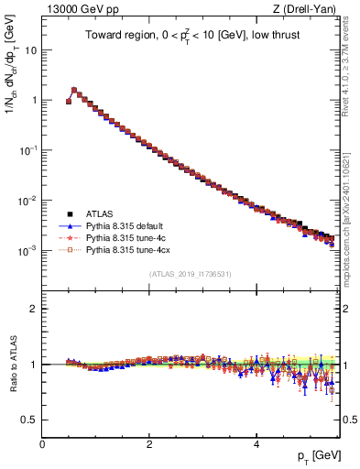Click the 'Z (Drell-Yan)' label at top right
(306, 9)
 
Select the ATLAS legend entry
(100, 213)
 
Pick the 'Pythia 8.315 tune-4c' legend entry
(125, 236)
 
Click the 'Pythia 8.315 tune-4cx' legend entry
(126, 248)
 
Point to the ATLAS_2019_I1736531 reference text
(191, 274)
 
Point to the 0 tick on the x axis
(42, 444)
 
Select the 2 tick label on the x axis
(149, 444)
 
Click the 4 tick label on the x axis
(256, 444)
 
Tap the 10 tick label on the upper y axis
(30, 50)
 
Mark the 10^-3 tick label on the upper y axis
(27, 250)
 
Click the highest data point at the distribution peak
(74, 90)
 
